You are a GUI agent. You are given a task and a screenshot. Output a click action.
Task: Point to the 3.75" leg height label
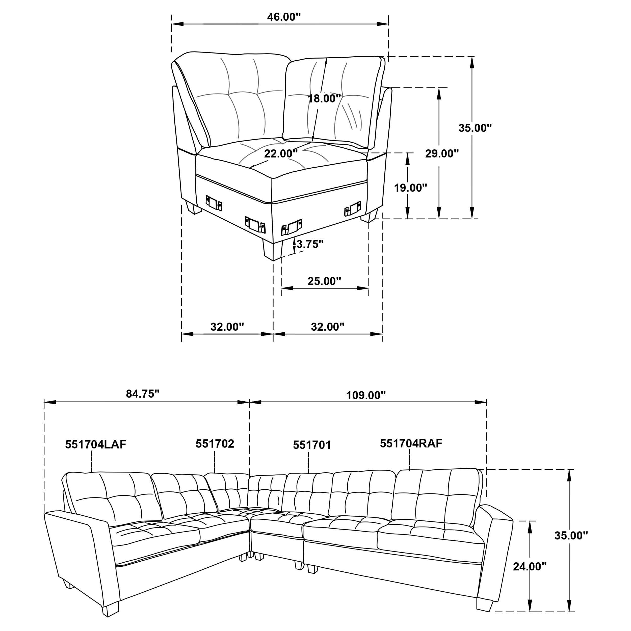click(x=310, y=244)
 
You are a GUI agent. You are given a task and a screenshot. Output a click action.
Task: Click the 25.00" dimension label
click(x=324, y=281)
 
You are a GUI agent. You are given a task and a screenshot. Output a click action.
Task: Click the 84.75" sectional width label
click(x=143, y=394)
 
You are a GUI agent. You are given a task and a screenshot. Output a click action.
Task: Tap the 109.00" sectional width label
click(x=366, y=396)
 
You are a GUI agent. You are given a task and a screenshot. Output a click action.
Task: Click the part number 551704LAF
click(x=96, y=444)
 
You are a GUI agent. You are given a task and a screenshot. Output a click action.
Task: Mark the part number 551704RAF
click(x=411, y=443)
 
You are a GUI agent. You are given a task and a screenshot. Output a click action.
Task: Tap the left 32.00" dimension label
click(x=227, y=326)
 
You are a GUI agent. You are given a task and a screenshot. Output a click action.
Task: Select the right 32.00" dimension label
click(x=328, y=326)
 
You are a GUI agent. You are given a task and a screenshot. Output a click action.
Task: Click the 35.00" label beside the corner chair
click(x=475, y=128)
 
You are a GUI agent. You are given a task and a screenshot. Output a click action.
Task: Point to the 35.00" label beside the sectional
click(x=571, y=535)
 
